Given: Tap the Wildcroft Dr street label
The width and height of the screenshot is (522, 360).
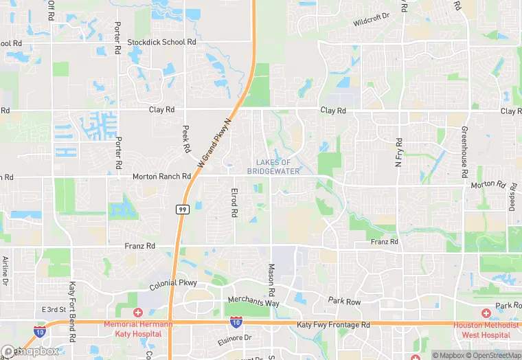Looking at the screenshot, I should (371, 19).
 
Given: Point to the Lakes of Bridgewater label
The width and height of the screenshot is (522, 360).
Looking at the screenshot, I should (273, 166).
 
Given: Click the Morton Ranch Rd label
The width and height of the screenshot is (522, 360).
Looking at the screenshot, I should (161, 177).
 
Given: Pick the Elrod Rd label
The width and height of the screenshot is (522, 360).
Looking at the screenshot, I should (234, 203).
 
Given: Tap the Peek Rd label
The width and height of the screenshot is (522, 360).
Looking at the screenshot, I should (186, 138).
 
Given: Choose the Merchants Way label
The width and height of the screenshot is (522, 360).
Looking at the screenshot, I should (254, 303).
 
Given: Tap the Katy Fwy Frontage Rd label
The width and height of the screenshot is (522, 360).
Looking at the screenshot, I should (333, 324).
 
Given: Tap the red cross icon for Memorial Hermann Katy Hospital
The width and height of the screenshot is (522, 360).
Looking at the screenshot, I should (138, 313).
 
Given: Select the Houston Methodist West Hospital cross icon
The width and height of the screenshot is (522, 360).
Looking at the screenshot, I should (486, 313).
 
